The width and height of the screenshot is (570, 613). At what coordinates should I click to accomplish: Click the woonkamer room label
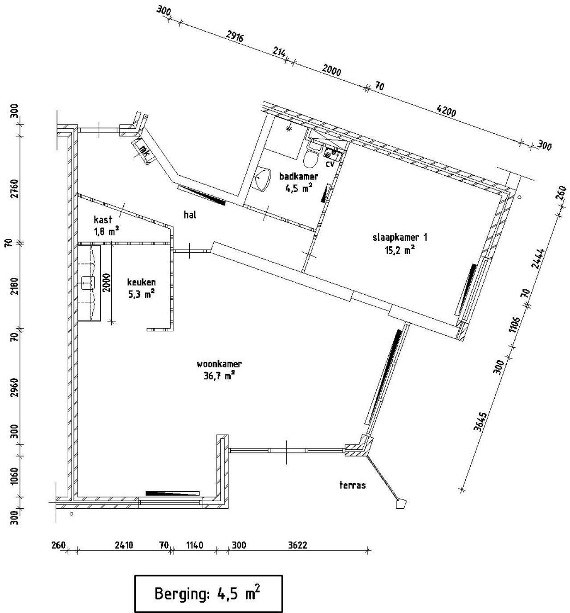click(219, 364)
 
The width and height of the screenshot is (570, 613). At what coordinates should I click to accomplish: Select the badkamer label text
click(298, 176)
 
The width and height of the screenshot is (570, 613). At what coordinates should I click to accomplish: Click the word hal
click(190, 215)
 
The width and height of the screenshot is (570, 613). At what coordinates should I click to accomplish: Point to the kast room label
click(103, 219)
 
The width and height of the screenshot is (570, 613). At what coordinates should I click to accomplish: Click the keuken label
click(141, 282)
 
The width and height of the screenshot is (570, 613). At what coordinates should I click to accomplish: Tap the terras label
click(352, 485)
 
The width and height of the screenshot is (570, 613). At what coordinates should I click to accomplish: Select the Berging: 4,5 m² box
click(208, 593)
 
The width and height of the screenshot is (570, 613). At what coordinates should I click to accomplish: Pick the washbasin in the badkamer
click(263, 178)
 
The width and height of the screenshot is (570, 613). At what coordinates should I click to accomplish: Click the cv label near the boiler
click(330, 164)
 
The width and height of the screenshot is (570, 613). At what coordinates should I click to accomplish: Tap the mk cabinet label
click(144, 151)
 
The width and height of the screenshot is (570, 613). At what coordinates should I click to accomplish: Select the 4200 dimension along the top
click(447, 111)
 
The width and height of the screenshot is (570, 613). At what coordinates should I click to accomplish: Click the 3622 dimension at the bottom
click(297, 545)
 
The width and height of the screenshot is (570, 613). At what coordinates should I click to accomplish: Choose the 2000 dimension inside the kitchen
click(106, 282)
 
